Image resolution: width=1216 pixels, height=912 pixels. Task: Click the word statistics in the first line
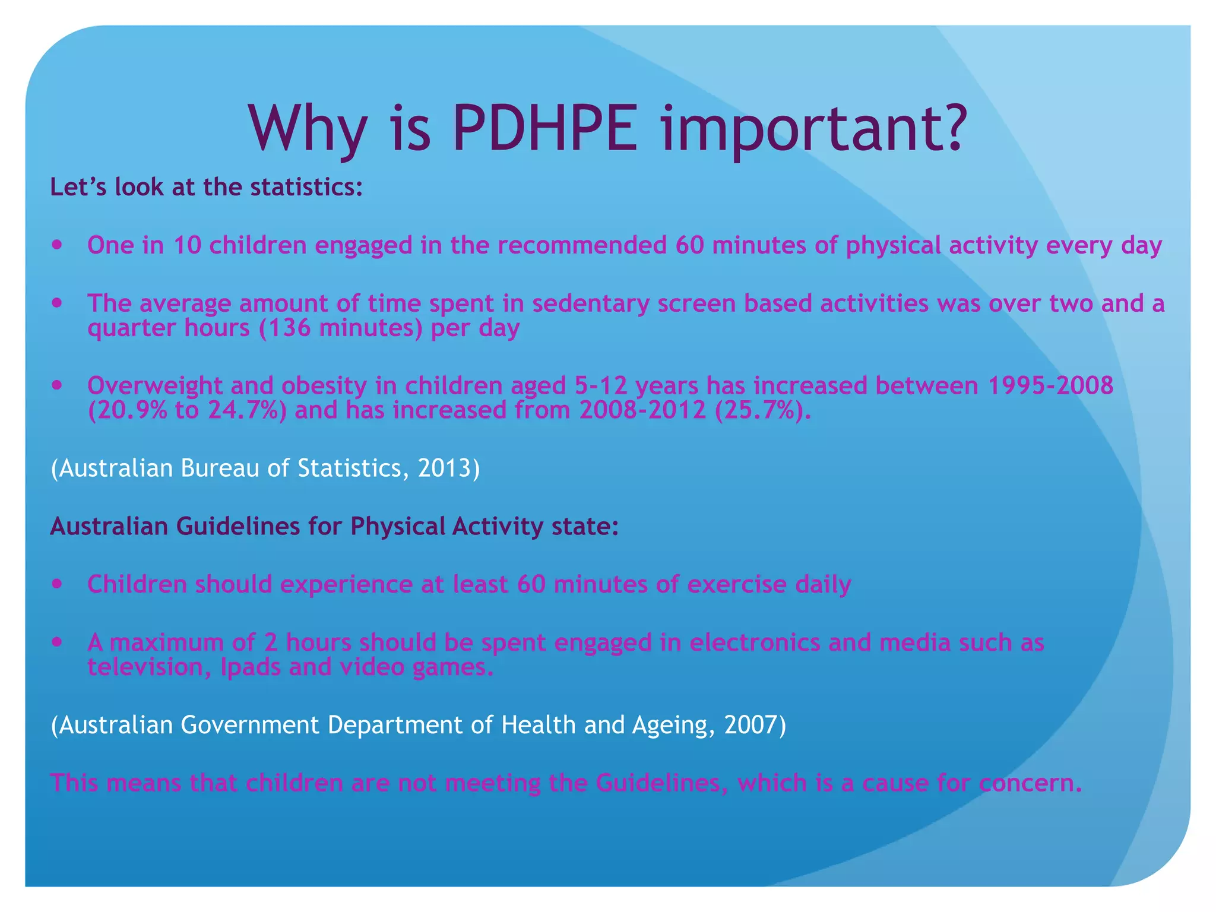point(305,187)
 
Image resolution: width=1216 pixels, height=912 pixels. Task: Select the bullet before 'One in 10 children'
point(57,244)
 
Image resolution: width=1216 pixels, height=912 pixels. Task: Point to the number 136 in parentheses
point(290,328)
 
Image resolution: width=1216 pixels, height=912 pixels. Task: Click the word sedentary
point(591,303)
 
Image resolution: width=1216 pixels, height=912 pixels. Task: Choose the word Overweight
point(155,386)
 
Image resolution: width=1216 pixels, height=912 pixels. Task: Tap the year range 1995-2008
point(1050,386)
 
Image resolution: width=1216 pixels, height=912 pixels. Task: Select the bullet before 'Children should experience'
point(57,584)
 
